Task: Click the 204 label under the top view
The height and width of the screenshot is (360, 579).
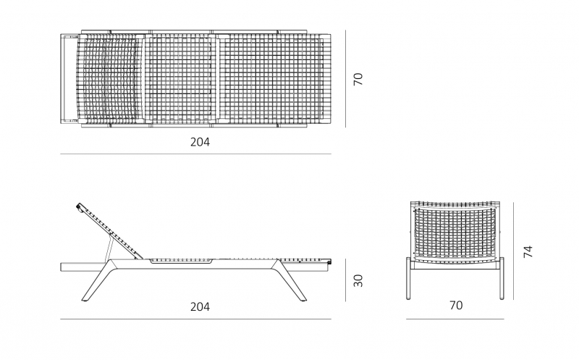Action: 200,142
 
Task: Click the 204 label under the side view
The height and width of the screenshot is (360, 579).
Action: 200,307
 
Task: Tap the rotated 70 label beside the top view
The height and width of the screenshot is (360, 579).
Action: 358,79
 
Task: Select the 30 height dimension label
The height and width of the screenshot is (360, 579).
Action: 358,280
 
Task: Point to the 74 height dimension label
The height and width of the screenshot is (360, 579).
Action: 528,251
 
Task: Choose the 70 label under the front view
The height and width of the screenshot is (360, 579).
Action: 456,305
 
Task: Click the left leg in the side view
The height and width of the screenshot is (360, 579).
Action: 98,282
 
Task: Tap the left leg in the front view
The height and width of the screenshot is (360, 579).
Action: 408,278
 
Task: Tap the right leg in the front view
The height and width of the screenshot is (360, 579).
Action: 502,278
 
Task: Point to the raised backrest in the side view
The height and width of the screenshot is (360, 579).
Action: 111,231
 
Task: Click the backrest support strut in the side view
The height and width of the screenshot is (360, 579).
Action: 109,249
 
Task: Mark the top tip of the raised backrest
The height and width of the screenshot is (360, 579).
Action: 78,204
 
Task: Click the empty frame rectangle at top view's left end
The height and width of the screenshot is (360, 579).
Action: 69,78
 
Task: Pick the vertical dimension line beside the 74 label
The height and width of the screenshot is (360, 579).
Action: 513,251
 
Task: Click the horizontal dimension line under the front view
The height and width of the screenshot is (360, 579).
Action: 455,319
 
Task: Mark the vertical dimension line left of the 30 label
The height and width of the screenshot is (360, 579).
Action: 346,280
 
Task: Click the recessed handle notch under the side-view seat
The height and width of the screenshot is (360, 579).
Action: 181,261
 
